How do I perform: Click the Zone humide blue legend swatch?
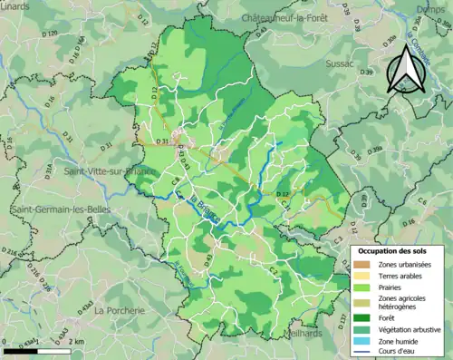pyautogui.click(x=361, y=340)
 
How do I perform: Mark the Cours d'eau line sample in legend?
pyautogui.click(x=361, y=352)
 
